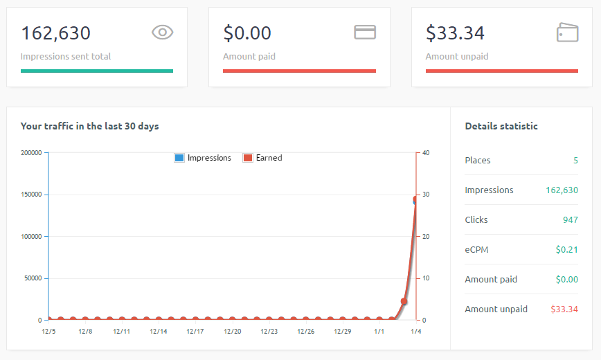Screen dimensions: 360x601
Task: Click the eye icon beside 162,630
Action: (162, 32)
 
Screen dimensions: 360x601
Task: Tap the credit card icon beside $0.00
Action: (365, 32)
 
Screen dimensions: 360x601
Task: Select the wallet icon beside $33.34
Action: (567, 32)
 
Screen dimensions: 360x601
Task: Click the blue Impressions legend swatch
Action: (179, 158)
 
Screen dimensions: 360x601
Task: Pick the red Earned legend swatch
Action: (248, 158)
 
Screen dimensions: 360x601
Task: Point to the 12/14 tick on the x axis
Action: (159, 332)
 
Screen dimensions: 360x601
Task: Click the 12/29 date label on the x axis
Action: (343, 332)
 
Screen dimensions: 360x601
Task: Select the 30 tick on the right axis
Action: (426, 195)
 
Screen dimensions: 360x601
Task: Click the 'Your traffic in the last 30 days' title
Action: (90, 126)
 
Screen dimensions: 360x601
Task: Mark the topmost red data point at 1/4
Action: (417, 199)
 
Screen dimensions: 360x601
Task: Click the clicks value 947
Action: (570, 220)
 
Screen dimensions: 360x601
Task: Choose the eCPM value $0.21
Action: (566, 250)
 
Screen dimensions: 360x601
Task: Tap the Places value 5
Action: (575, 161)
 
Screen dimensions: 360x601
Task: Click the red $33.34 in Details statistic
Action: (564, 309)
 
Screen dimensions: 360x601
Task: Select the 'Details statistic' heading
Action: (501, 126)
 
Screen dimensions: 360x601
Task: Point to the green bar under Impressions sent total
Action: (97, 71)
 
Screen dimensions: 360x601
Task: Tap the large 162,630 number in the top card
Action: (55, 33)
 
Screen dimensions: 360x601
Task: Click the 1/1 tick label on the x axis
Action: (379, 332)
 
